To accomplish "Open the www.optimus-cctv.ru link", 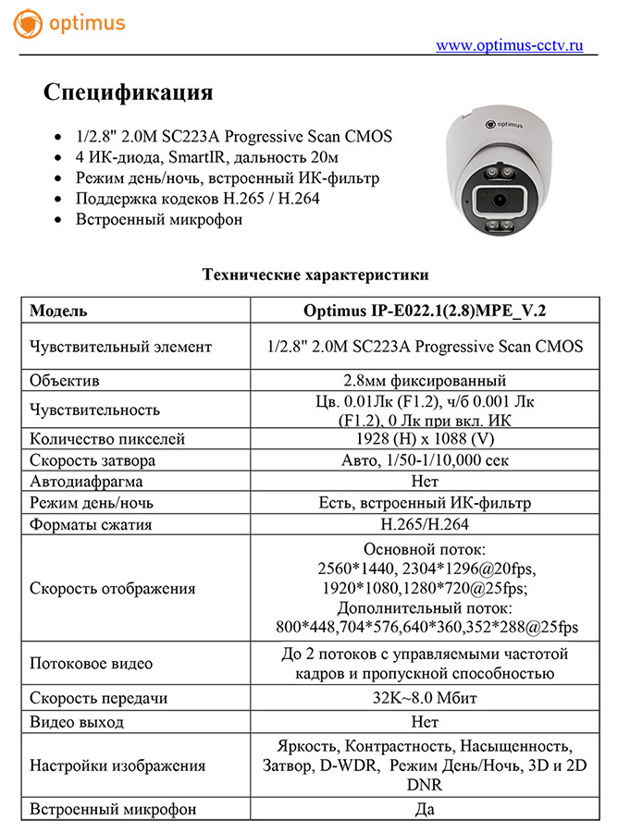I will [x=509, y=44].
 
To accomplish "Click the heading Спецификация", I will [x=129, y=92].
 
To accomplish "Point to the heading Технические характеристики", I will [x=315, y=275].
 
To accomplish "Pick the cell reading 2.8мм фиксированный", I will [x=425, y=380].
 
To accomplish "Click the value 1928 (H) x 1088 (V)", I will [x=425, y=439].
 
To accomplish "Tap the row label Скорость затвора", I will [x=93, y=460].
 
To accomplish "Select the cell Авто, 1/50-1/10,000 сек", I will [x=425, y=460].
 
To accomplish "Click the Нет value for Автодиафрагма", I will [x=425, y=482].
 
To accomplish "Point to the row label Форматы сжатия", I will [x=91, y=524].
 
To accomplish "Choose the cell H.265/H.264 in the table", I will [x=425, y=524].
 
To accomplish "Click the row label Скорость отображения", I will [x=113, y=588].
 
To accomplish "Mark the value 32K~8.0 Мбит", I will [x=425, y=699].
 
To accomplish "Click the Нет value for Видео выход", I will [x=425, y=721].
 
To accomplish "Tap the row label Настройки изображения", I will [x=117, y=765].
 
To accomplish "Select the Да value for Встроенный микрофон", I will [x=425, y=809].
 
